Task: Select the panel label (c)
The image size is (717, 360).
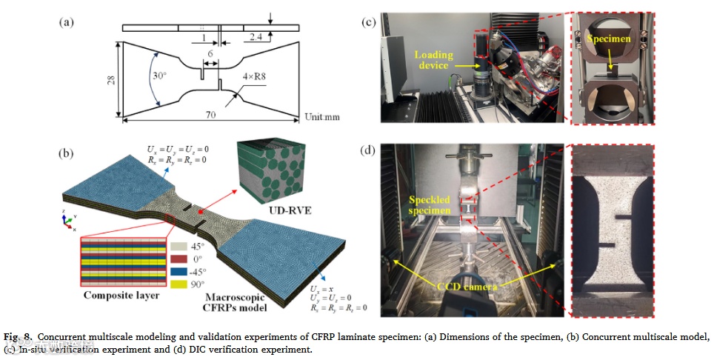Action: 369,22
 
